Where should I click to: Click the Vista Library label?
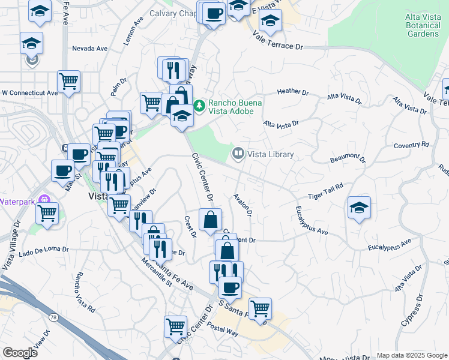click(x=270, y=155)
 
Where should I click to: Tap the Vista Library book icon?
click(x=238, y=155)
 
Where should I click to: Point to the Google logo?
click(x=20, y=353)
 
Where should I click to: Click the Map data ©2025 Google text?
click(x=411, y=355)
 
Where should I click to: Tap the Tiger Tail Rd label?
click(x=325, y=191)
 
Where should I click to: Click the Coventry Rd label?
click(x=412, y=145)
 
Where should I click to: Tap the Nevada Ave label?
click(x=89, y=48)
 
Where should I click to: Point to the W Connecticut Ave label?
click(x=29, y=93)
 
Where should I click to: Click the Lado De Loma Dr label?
click(x=44, y=249)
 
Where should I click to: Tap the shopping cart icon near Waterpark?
click(x=47, y=212)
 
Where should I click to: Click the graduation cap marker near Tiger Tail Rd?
click(x=359, y=208)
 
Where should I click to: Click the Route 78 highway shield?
click(x=53, y=316)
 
